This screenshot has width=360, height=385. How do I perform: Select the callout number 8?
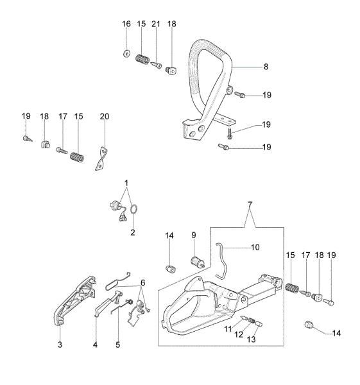coord(248,66)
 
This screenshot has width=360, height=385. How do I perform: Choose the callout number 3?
coord(60,345)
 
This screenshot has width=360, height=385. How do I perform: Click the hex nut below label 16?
coord(126,53)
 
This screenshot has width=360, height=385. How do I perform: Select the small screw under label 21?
coord(157,64)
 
